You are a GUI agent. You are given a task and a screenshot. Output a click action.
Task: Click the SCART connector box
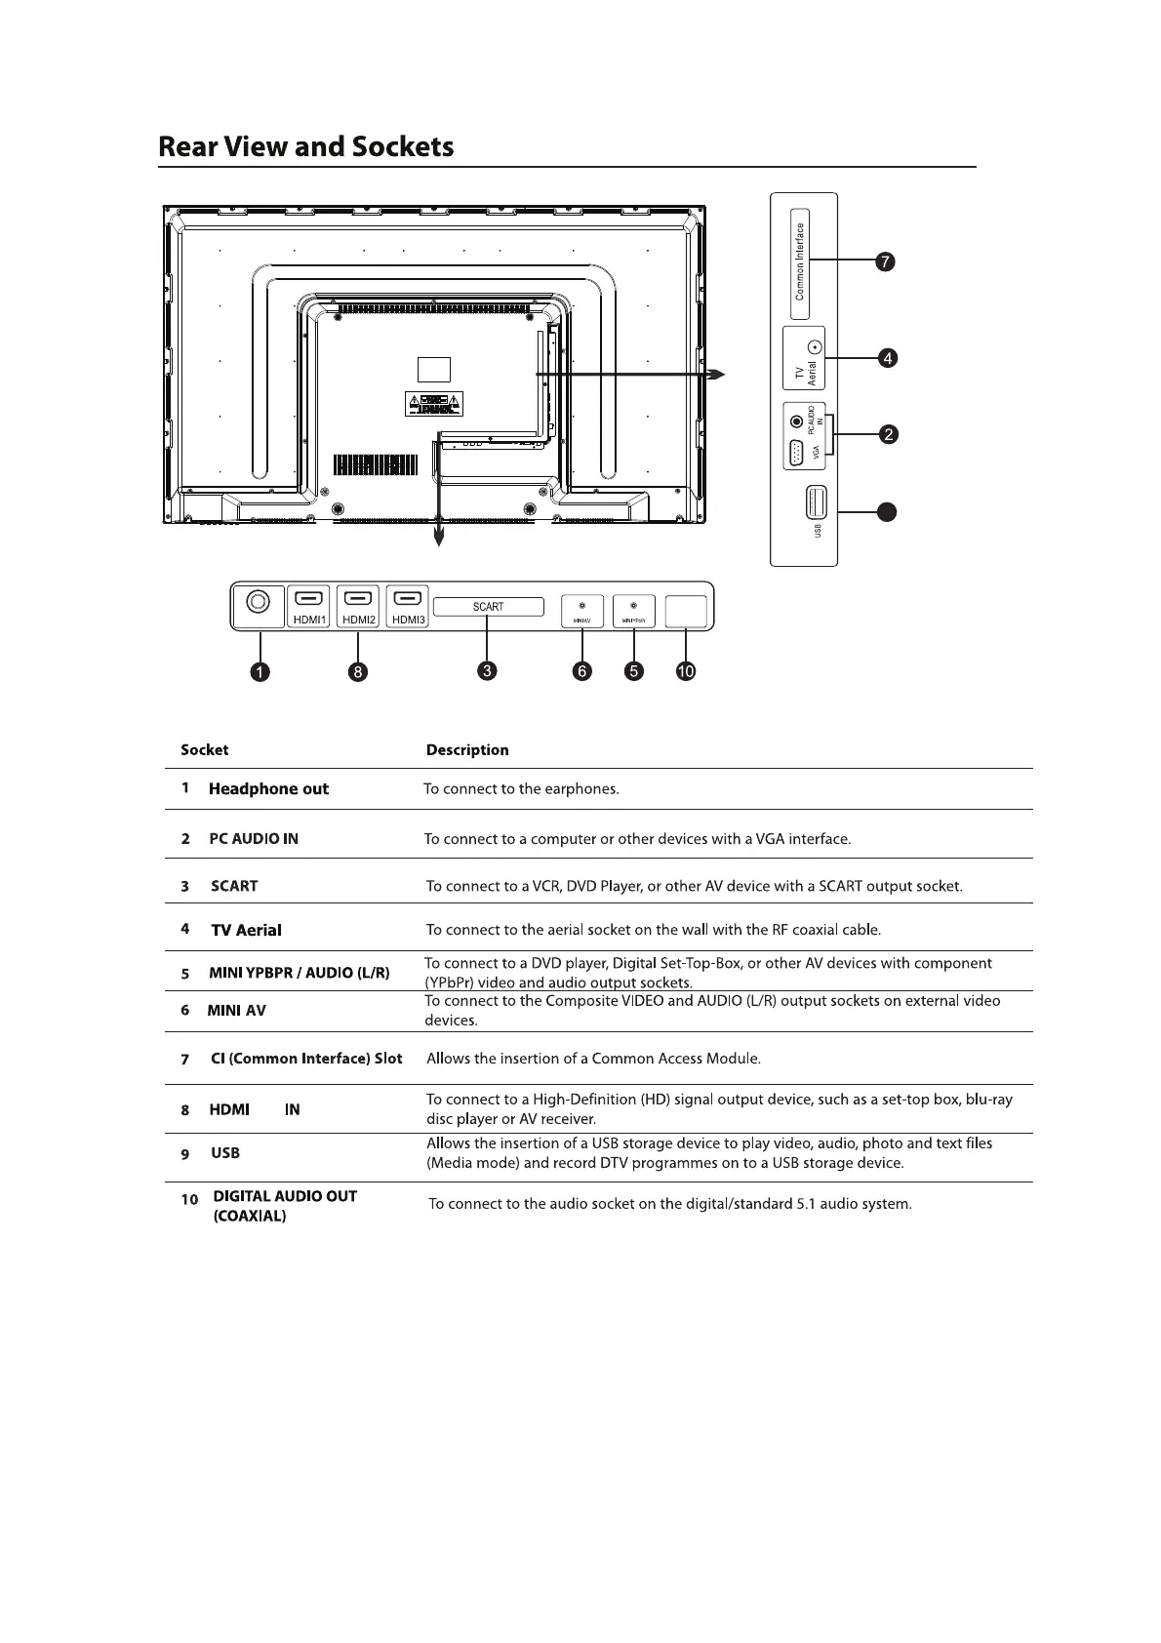(x=488, y=607)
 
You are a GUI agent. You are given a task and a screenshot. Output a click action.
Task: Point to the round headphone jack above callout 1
(x=258, y=602)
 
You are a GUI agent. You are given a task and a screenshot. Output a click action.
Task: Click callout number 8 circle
(x=358, y=671)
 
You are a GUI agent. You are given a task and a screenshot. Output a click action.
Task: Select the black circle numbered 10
(x=686, y=671)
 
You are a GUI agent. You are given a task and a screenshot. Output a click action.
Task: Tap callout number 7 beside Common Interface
(x=884, y=261)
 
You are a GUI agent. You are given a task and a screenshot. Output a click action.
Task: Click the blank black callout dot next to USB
(x=885, y=511)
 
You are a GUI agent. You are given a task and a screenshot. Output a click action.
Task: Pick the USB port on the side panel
(x=817, y=502)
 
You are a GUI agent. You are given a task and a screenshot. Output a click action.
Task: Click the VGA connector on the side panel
(x=795, y=455)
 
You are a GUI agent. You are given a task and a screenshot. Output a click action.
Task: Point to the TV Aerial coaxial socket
(x=817, y=347)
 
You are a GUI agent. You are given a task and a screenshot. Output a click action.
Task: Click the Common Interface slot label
(x=799, y=261)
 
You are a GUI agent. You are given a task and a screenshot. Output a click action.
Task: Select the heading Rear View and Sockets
(x=305, y=147)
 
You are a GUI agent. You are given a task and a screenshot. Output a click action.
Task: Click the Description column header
(x=467, y=750)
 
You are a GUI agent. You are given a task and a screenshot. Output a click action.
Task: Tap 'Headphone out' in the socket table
(x=268, y=789)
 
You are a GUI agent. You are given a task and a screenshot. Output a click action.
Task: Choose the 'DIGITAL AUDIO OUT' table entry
(x=284, y=1196)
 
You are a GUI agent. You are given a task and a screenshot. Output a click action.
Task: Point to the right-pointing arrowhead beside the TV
(x=717, y=375)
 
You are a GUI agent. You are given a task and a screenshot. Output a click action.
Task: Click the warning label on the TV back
(x=434, y=403)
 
